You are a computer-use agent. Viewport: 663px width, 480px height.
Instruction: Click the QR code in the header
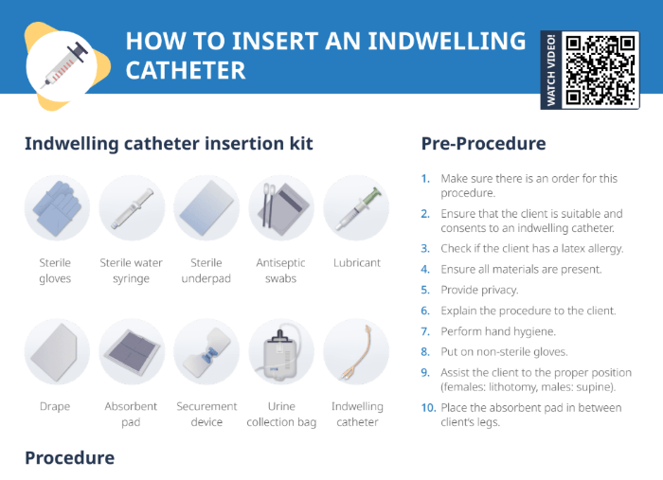[600, 69]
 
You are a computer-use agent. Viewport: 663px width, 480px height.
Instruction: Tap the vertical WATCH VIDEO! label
[551, 70]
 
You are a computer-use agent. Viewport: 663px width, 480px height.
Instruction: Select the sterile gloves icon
[57, 207]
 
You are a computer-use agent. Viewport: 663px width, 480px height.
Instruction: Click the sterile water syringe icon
[132, 207]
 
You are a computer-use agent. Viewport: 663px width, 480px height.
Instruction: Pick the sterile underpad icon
[206, 207]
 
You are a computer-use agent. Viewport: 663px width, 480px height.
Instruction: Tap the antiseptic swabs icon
[281, 207]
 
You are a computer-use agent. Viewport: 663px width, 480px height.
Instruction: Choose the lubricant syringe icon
[356, 207]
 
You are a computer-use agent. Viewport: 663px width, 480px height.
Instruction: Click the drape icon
[57, 351]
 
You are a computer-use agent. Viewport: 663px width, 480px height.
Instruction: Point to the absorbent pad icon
[132, 351]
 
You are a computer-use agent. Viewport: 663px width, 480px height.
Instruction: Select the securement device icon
[206, 351]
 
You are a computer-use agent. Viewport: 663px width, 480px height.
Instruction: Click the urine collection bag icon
[281, 351]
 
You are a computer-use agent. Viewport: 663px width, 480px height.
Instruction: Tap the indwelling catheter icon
[356, 351]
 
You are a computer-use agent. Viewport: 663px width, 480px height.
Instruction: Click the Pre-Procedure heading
[483, 144]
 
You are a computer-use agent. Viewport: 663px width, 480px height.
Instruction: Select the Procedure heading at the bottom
[69, 458]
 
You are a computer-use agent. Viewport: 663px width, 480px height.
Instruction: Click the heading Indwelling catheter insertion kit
[169, 144]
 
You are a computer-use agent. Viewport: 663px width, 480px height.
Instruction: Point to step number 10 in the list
[427, 408]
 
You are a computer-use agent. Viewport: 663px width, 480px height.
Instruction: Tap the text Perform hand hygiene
[498, 331]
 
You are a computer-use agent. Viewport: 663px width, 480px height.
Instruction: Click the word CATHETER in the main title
[186, 71]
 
